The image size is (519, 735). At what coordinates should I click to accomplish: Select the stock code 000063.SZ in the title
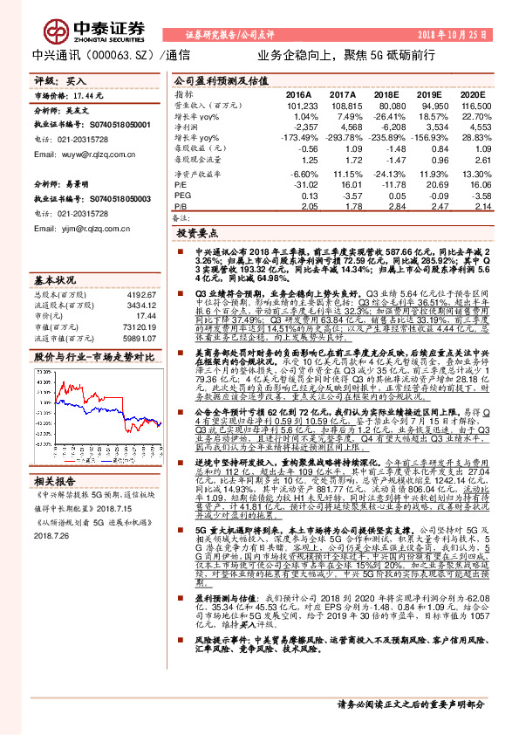point(121,54)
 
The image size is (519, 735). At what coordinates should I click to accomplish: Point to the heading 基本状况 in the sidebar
point(55,281)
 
